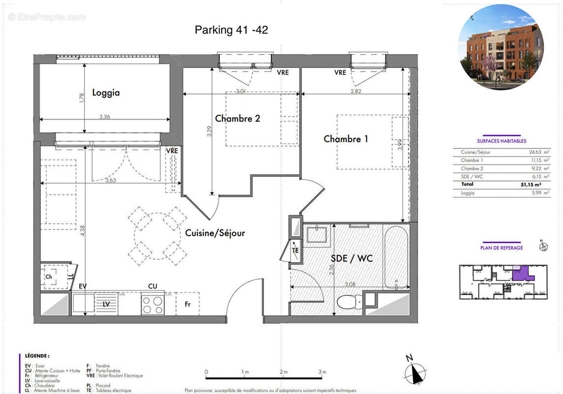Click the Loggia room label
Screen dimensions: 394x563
(x=106, y=93)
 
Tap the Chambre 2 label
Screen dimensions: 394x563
(x=237, y=118)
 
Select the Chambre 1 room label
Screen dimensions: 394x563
(x=346, y=139)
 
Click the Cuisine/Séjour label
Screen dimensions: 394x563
(x=215, y=233)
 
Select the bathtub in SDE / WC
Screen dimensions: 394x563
(x=396, y=257)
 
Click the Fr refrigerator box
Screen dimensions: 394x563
(x=187, y=304)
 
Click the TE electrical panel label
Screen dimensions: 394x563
(x=296, y=250)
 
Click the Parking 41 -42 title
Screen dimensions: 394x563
(x=231, y=30)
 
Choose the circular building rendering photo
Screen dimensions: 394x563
(x=501, y=47)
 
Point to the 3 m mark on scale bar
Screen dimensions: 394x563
(x=323, y=372)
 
